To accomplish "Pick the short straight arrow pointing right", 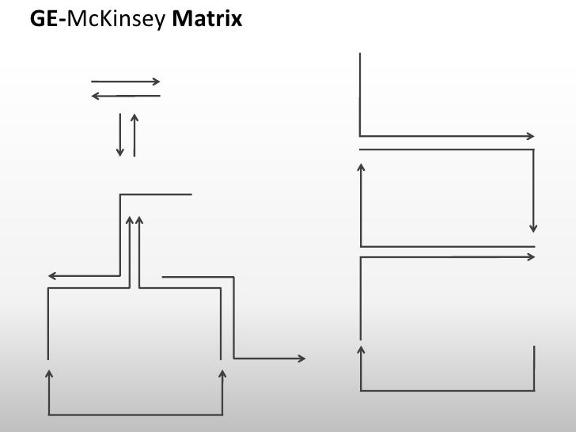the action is tap(126, 81).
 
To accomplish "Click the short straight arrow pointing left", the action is tap(126, 96).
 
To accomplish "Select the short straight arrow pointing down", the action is tap(119, 134).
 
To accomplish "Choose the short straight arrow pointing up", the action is tap(135, 134).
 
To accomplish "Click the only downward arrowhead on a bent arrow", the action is tap(535, 228).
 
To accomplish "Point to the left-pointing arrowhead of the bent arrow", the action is tap(51, 276).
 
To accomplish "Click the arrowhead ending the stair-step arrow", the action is tap(302, 358).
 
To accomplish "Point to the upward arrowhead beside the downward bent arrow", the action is tap(362, 168).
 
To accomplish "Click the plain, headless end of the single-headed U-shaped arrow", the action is tap(535, 348).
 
